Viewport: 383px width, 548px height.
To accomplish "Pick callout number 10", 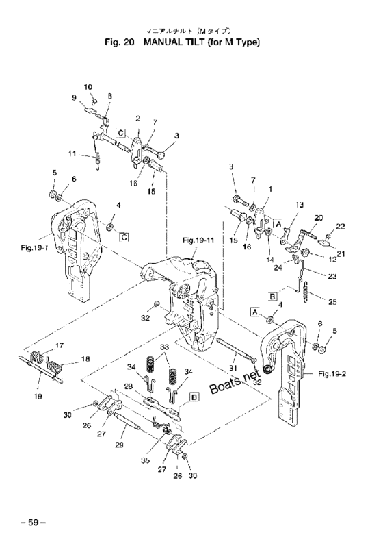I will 88,86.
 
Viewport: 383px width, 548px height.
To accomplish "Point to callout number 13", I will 299,205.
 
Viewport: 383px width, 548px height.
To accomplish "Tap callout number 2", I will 138,118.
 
